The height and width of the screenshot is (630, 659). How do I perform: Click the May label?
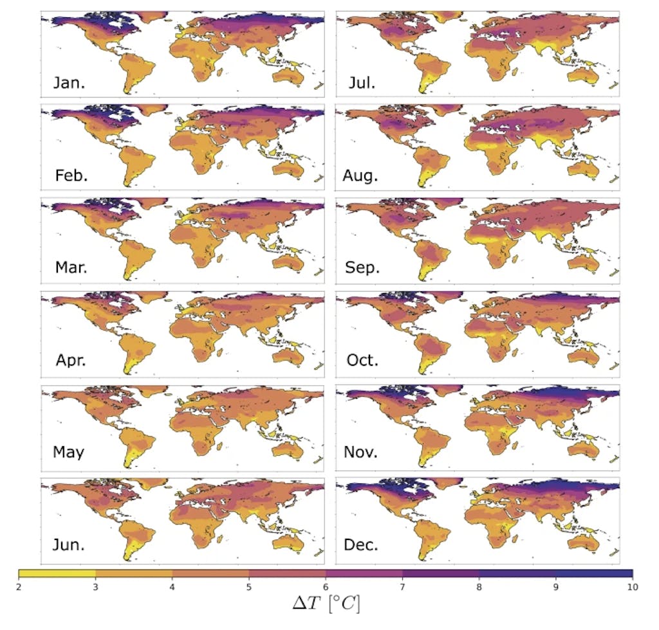pyautogui.click(x=69, y=453)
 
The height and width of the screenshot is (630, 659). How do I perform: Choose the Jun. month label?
pyautogui.click(x=70, y=545)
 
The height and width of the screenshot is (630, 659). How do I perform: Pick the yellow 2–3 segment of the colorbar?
pyautogui.click(x=57, y=573)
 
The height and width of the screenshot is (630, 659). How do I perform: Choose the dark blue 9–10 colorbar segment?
pyautogui.click(x=593, y=573)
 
